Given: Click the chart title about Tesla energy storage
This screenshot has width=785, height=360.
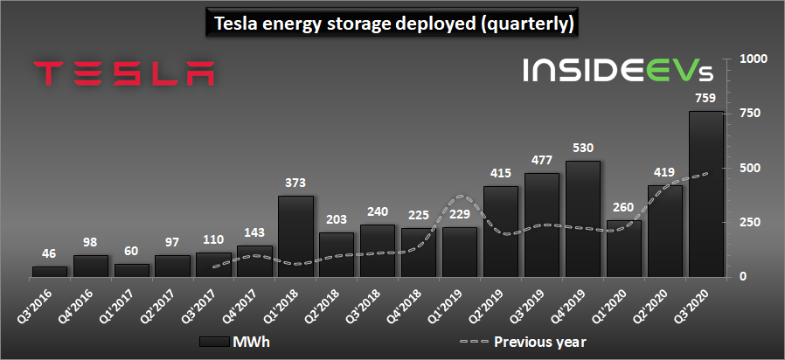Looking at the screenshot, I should (392, 24).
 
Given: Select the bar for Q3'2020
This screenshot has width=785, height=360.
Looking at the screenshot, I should (705, 193).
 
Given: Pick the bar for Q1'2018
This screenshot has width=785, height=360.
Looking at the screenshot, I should (295, 235).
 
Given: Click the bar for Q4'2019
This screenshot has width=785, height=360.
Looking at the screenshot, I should (583, 218).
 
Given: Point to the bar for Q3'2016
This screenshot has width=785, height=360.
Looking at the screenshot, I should (50, 271).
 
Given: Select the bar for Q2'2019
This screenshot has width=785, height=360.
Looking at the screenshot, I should (501, 231).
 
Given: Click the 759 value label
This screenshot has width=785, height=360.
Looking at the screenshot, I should (705, 99).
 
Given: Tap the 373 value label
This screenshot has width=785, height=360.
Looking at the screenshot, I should (295, 183).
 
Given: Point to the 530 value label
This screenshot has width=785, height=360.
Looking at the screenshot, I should (583, 149).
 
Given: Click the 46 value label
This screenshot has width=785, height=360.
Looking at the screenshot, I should (50, 253).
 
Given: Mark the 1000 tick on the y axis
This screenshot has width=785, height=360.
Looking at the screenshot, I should (754, 59).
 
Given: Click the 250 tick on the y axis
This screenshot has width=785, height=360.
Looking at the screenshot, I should (748, 222).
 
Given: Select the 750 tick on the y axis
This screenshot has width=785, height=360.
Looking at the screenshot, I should (748, 114).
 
